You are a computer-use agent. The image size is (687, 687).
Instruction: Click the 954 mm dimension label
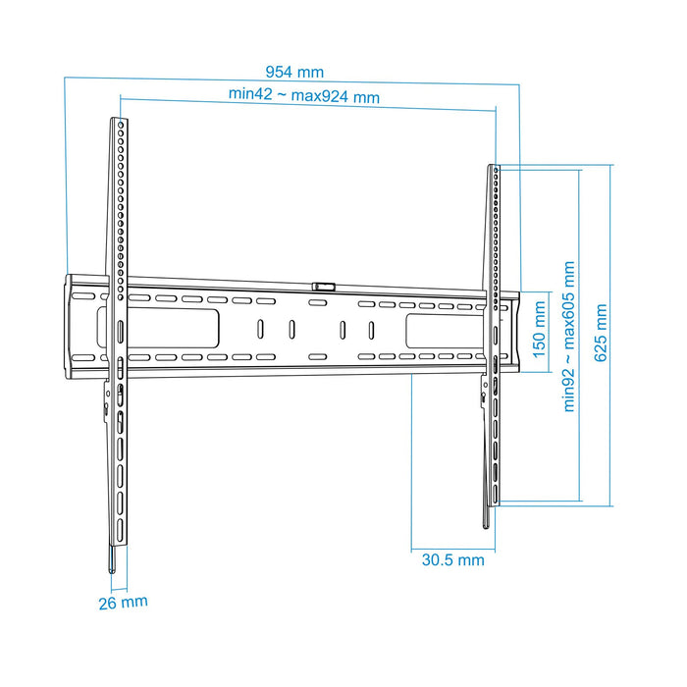coord(293,72)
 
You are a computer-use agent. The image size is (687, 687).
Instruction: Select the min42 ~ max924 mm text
coord(304,96)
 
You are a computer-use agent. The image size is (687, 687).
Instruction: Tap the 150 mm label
coord(539,329)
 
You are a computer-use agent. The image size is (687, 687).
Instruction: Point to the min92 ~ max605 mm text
coord(568,336)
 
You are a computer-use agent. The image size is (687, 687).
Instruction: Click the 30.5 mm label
coord(452,560)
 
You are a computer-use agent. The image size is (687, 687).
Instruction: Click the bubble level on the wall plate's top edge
coord(323,286)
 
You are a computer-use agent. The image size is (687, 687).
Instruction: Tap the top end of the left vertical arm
coord(118,122)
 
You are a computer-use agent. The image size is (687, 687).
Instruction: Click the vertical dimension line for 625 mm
coord(612,337)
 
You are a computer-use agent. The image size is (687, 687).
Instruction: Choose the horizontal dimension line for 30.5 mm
coord(453,547)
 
